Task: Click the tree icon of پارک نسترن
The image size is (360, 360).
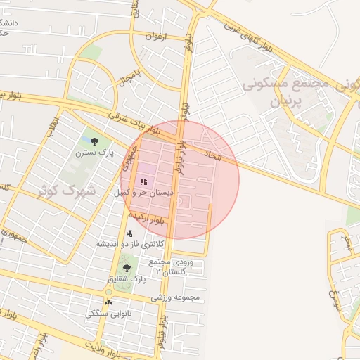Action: [96, 142]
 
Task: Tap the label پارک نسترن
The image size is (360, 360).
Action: [96, 153]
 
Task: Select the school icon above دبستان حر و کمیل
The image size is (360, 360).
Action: [144, 181]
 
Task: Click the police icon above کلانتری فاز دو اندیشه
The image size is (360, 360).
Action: [129, 233]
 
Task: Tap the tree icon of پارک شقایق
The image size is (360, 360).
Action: [127, 268]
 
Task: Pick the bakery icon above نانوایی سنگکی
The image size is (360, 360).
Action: [108, 302]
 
